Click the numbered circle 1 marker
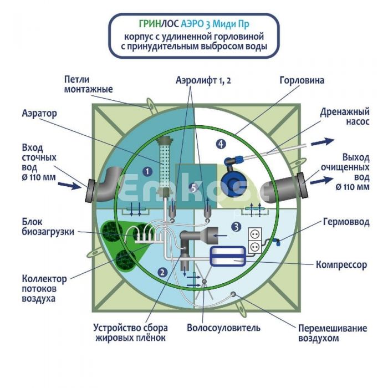point(147,172)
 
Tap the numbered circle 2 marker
point(162,272)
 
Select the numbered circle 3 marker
point(236,226)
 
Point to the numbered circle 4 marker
point(221,144)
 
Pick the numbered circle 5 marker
point(192,188)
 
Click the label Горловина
point(302,80)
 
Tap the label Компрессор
point(341,265)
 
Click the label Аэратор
point(40,113)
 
